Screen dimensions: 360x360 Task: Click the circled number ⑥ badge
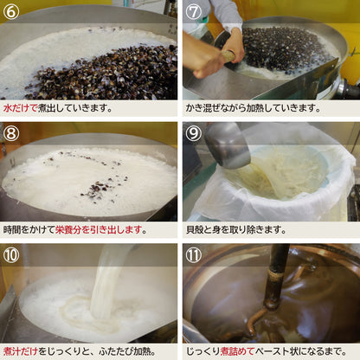click(12, 13)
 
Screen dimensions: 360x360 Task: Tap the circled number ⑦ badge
click(194, 13)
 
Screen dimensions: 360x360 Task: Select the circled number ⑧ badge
click(12, 133)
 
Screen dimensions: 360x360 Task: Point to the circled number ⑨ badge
click(194, 133)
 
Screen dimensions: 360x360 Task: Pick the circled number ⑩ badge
click(12, 254)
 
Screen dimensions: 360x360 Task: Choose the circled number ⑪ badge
click(194, 254)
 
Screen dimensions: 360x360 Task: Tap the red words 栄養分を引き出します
click(98, 230)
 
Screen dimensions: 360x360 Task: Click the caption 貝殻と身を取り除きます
click(235, 230)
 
